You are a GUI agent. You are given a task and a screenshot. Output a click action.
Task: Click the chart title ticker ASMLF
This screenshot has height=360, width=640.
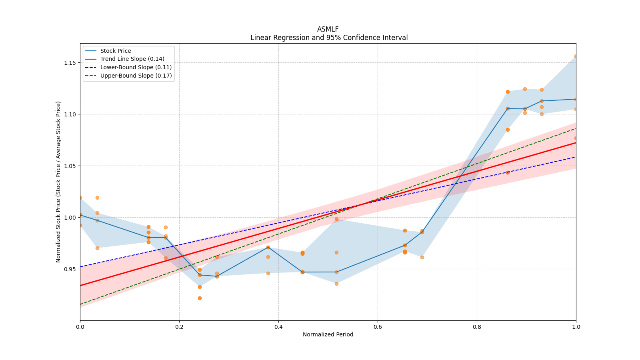coord(328,29)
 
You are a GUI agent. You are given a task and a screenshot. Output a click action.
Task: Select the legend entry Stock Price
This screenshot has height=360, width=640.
coord(115,51)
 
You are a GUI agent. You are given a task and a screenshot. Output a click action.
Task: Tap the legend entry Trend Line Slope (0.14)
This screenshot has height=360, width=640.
coord(132,59)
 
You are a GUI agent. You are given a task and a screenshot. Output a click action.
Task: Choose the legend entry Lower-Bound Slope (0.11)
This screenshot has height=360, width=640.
coord(136,67)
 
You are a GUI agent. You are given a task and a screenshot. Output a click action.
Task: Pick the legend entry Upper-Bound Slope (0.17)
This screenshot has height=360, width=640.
coord(136,76)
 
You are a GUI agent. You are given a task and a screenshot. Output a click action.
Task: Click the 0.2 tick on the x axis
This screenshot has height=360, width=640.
coord(179,327)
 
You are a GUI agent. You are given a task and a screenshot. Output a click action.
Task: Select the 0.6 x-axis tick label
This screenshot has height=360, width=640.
coord(378,327)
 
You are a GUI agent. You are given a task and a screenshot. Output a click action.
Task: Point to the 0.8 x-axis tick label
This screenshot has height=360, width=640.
coord(477,327)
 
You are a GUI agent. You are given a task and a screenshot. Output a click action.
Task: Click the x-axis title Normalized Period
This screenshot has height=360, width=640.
coord(328,334)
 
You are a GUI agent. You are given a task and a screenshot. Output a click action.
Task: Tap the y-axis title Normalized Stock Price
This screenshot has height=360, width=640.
coord(58,182)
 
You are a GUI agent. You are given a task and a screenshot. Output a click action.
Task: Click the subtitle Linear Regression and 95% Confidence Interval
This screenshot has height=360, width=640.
coord(329,38)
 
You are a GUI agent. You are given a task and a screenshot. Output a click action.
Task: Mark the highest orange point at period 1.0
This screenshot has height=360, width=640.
coord(576,56)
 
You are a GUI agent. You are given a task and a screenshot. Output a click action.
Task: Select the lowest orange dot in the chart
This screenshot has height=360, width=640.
coord(200,298)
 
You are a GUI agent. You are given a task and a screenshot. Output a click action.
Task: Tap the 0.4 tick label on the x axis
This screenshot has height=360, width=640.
coord(278,327)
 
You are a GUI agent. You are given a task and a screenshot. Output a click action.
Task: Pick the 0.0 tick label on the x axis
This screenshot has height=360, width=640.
coord(80,327)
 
